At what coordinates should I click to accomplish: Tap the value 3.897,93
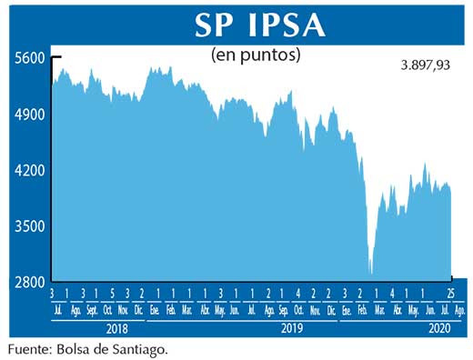point(427,65)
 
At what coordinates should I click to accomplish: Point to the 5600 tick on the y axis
point(29,58)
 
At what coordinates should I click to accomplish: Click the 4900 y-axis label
point(29,115)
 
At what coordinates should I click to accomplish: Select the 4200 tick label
point(29,170)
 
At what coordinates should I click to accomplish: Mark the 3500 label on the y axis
point(29,226)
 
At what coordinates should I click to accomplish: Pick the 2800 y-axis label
point(29,282)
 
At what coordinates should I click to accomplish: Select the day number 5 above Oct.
point(112,294)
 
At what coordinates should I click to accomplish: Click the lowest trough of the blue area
point(370,272)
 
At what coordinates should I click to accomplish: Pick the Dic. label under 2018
point(139,312)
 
